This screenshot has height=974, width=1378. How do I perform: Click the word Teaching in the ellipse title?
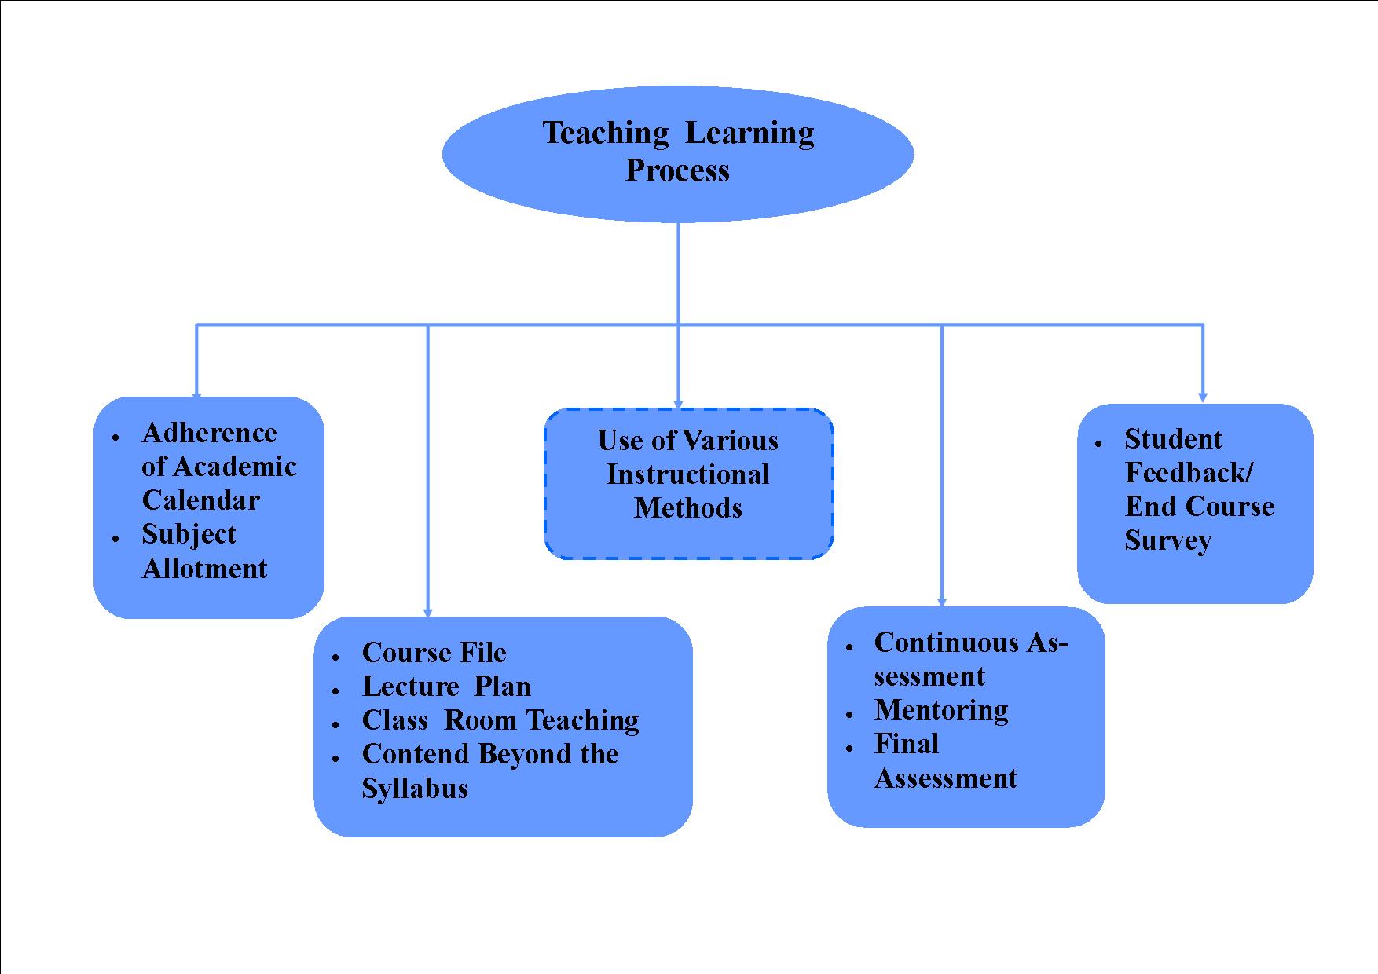click(605, 133)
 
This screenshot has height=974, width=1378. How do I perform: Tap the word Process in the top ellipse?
click(677, 170)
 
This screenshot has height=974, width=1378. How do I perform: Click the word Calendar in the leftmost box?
click(200, 500)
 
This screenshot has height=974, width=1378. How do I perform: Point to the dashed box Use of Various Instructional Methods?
click(688, 483)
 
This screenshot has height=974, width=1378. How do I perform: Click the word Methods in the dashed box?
click(687, 508)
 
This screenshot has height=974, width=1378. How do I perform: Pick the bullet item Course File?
click(434, 653)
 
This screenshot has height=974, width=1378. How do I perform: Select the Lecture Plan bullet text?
click(446, 687)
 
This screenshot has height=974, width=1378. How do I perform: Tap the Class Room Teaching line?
click(500, 720)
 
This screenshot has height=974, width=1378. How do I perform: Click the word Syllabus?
click(415, 788)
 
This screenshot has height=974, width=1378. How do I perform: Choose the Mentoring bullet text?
click(941, 710)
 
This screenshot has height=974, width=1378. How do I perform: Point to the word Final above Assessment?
click(907, 744)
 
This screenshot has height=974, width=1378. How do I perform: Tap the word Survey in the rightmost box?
click(1167, 540)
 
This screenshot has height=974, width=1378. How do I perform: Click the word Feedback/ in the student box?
click(1189, 473)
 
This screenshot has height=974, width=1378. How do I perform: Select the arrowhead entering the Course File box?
click(427, 613)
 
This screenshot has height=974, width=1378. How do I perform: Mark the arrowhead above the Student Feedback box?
click(1203, 397)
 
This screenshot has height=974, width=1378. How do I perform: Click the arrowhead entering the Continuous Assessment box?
click(942, 602)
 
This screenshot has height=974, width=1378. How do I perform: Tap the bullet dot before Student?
click(1098, 445)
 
